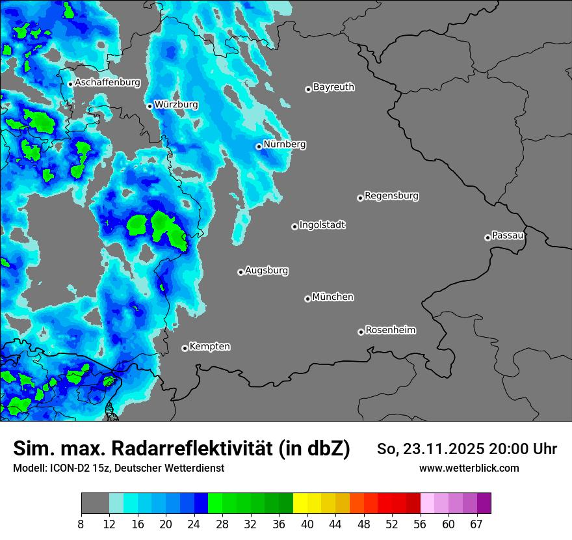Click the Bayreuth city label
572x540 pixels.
point(333,87)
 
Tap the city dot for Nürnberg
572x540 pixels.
point(259,146)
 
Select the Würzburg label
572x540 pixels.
point(176,104)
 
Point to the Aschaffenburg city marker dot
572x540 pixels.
point(70,84)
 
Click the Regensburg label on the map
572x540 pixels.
point(391,195)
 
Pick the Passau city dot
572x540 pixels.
point(487,237)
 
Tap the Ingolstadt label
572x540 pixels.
point(322,224)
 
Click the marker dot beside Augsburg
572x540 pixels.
point(240,272)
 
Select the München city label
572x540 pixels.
point(333,297)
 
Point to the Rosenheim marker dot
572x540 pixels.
point(361,332)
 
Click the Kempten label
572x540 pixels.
point(209,346)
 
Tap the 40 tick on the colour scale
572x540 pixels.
point(307,524)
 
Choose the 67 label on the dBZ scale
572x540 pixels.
point(476,524)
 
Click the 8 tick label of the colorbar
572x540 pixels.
point(81,524)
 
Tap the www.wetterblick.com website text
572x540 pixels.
point(469,468)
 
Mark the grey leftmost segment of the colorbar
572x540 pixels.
point(95,504)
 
